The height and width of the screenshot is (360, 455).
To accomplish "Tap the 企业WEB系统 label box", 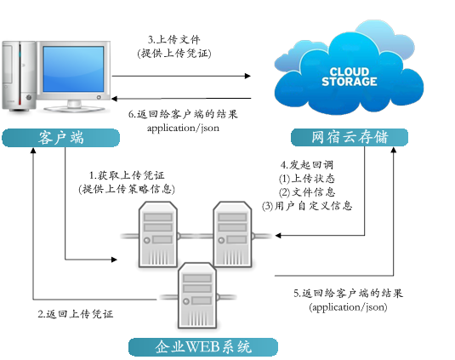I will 203,346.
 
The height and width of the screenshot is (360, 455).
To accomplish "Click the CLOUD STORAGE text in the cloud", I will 349,76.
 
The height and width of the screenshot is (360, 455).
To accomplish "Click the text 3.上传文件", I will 173,39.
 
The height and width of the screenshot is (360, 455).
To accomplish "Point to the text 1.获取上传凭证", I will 127,174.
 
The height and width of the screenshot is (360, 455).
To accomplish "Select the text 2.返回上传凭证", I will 76,313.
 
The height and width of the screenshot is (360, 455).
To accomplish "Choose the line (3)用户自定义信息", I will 307,205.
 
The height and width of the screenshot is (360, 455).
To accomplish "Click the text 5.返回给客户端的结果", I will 348,293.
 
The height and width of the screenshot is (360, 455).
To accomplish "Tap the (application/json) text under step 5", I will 348,306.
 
